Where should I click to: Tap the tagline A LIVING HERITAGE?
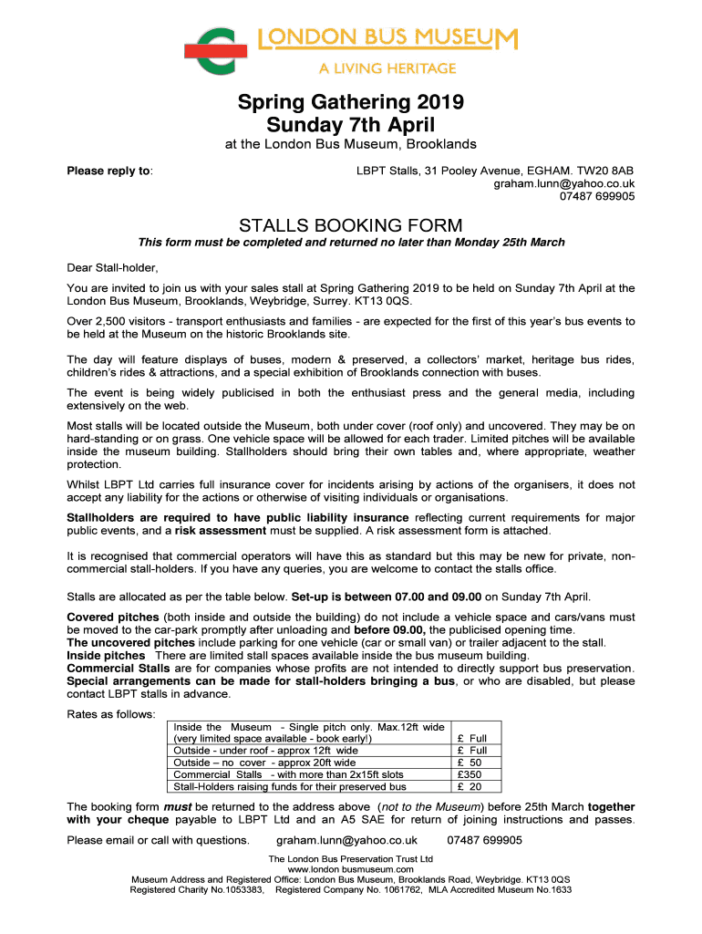click(x=387, y=68)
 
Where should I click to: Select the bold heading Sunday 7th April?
click(x=351, y=124)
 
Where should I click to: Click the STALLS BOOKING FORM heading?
click(x=351, y=225)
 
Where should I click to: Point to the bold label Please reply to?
click(x=109, y=171)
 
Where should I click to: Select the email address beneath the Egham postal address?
click(x=564, y=183)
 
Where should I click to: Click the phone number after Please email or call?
click(x=485, y=840)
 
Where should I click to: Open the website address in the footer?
click(x=351, y=869)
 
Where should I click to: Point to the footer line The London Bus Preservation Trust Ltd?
click(x=351, y=859)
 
